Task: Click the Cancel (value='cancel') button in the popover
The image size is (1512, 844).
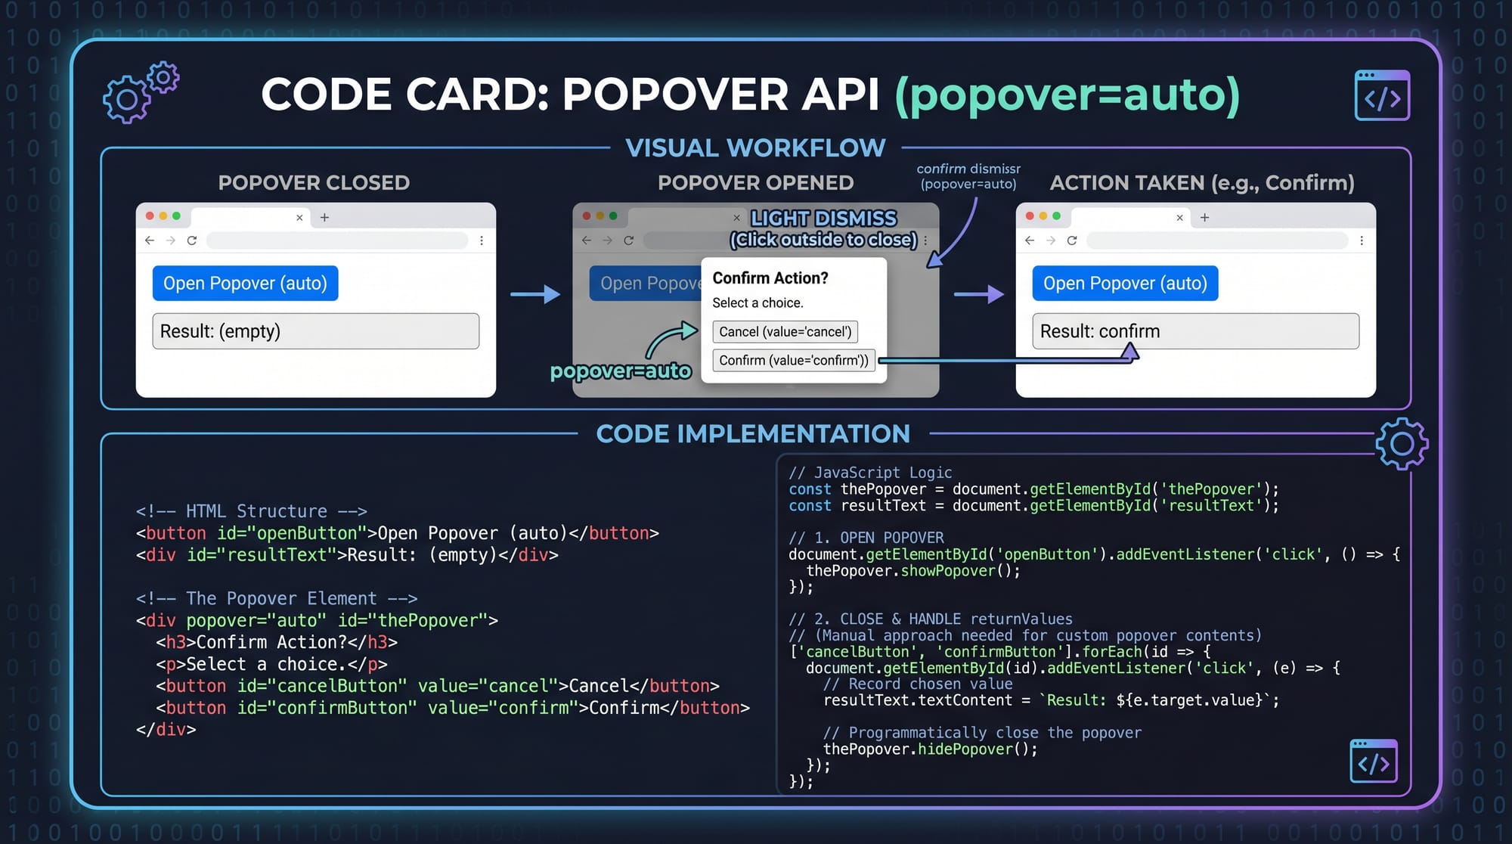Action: pyautogui.click(x=785, y=332)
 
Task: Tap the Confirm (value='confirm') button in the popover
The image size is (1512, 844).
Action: pyautogui.click(x=793, y=361)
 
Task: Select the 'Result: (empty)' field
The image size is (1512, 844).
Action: pyautogui.click(x=315, y=331)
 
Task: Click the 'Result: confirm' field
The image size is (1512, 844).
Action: pyautogui.click(x=1195, y=331)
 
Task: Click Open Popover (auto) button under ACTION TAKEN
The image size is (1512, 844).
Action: pyautogui.click(x=1125, y=284)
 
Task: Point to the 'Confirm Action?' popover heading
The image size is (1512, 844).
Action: pyautogui.click(x=770, y=278)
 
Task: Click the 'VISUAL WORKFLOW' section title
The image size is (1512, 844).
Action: pyautogui.click(x=755, y=148)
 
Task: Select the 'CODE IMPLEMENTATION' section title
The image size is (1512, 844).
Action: pyautogui.click(x=753, y=434)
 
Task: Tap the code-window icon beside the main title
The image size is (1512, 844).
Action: pyautogui.click(x=1382, y=96)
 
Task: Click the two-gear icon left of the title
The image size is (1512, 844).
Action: pyautogui.click(x=140, y=94)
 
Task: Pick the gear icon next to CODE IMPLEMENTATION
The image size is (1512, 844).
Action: pyautogui.click(x=1402, y=444)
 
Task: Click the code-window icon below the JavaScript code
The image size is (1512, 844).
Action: pyautogui.click(x=1373, y=762)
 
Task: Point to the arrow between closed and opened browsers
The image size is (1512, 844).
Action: pyautogui.click(x=534, y=293)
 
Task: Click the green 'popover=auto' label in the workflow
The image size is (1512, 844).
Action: pyautogui.click(x=620, y=371)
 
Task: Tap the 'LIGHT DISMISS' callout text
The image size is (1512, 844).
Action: pyautogui.click(x=823, y=219)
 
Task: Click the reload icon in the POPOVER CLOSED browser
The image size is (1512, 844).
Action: pyautogui.click(x=192, y=240)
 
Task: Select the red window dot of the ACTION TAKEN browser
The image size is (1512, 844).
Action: pyautogui.click(x=1030, y=216)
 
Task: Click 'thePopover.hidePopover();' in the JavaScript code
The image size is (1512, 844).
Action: pyautogui.click(x=930, y=749)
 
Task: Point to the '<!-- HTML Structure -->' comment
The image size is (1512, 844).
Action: pyautogui.click(x=251, y=511)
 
